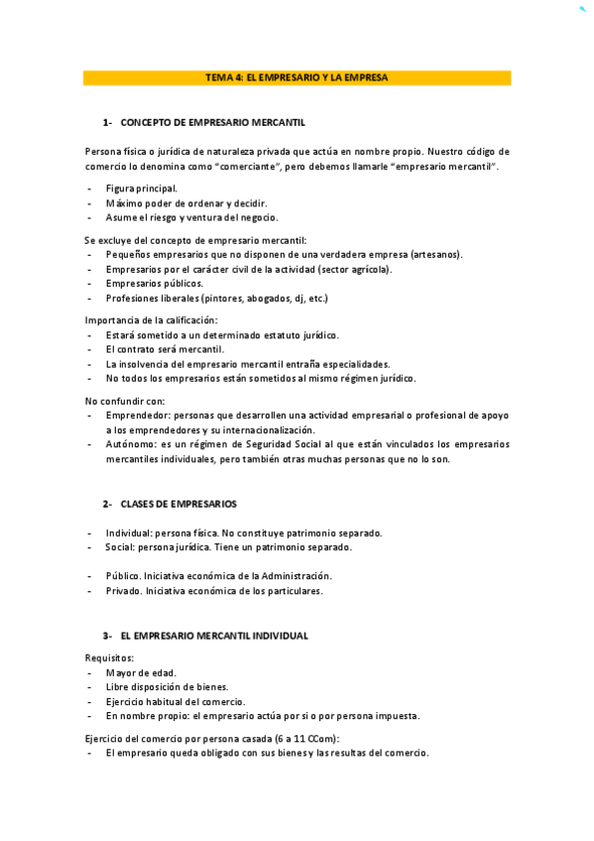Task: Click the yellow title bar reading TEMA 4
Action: coord(297,77)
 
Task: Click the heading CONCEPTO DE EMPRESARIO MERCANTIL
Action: coord(212,122)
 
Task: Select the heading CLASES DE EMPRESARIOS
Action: coord(178,504)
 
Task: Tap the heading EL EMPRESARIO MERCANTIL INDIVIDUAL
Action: coord(214,636)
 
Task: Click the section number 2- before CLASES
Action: coord(107,504)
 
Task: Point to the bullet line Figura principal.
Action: coord(142,187)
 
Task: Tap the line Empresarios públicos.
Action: coord(155,283)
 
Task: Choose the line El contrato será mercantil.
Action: coord(165,349)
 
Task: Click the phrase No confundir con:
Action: coord(125,401)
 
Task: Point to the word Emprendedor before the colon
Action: coord(136,416)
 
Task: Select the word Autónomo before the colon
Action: coord(130,444)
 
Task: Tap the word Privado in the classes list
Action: coord(123,591)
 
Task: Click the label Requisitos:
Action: coord(110,658)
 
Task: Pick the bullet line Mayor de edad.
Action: coord(141,672)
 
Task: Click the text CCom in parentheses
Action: coord(322,739)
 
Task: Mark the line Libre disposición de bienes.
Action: coord(168,686)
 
